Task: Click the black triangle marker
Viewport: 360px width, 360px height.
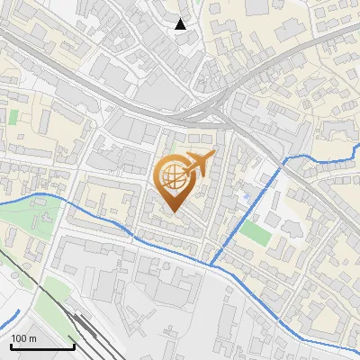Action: point(181,24)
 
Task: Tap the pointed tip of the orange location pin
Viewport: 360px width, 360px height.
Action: point(175,211)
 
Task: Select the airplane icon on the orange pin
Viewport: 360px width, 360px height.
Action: point(199,164)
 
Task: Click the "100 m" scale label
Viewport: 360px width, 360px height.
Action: point(22,338)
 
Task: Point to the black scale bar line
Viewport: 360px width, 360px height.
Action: point(42,346)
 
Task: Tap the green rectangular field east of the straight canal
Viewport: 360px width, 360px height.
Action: point(255,233)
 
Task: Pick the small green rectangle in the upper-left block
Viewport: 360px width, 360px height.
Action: point(13,117)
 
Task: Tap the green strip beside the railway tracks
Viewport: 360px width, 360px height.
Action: point(56,290)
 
